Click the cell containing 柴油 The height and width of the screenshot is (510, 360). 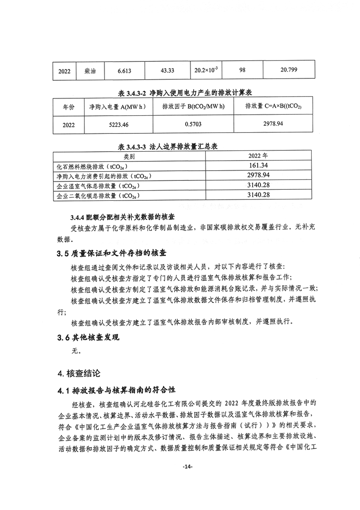click(x=90, y=71)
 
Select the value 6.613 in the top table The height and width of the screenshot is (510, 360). click(x=124, y=71)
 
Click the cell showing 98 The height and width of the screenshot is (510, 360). click(x=242, y=70)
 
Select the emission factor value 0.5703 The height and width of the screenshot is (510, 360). click(x=193, y=125)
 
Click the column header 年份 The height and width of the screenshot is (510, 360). click(x=68, y=108)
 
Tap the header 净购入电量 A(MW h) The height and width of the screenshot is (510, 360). click(x=118, y=107)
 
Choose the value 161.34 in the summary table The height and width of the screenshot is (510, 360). click(x=258, y=166)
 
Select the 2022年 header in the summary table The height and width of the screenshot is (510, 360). click(x=258, y=156)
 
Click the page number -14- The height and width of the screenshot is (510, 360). click(x=187, y=466)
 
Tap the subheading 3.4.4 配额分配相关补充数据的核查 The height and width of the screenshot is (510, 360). click(x=125, y=217)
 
